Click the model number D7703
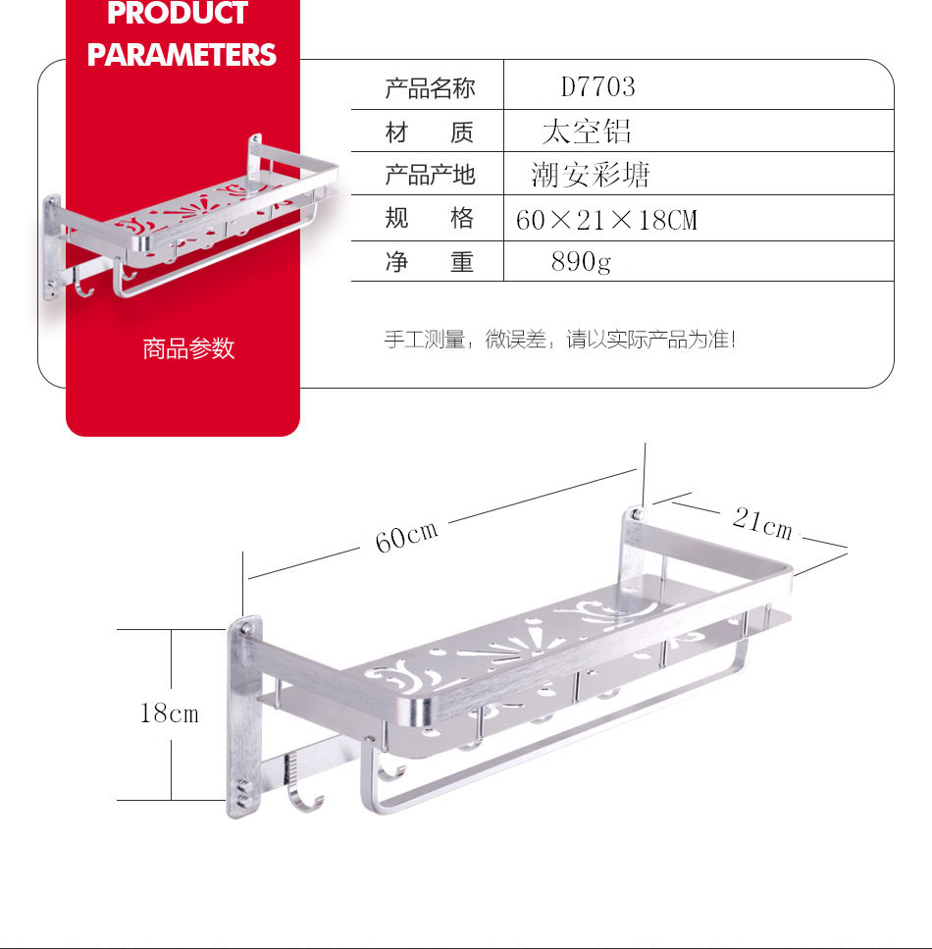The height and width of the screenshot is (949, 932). pos(597,87)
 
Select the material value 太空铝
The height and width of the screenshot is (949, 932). pos(587,132)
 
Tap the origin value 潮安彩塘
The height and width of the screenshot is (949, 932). pos(590,175)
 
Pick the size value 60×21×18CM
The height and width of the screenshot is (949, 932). pos(606,220)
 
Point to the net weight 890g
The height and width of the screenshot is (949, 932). pos(581,262)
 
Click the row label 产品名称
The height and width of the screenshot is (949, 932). pos(430,88)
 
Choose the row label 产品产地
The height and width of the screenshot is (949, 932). pos(430,175)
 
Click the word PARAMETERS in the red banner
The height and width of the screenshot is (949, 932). pos(181,55)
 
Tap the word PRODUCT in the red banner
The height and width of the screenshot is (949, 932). pos(178,13)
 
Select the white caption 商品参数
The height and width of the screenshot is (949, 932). pos(188,348)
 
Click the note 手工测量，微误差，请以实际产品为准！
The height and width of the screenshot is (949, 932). pos(560,340)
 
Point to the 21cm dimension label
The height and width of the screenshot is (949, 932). pos(762,523)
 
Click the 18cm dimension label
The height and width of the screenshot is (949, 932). pos(170,712)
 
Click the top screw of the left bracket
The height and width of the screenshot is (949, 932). pos(246,628)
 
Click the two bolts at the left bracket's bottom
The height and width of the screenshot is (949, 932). pos(244,795)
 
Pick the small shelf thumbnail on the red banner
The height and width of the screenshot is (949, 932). pos(190,218)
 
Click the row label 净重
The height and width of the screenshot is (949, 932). pos(430,262)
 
